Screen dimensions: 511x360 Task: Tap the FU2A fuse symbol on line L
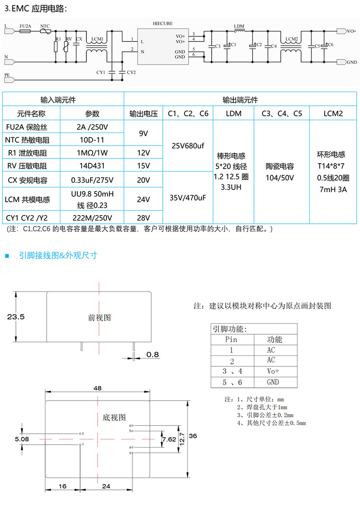[25, 32]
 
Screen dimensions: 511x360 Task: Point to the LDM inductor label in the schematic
[239, 25]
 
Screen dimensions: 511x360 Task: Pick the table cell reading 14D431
[92, 166]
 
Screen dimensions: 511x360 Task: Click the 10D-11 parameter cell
[92, 140]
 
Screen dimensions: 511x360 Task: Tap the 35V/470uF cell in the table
[187, 197]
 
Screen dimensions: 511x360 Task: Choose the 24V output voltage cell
[144, 199]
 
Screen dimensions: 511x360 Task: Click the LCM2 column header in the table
[333, 114]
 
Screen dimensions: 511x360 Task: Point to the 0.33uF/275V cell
[92, 180]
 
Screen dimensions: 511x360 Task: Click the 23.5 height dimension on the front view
[15, 317]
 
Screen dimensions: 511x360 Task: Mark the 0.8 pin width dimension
[152, 354]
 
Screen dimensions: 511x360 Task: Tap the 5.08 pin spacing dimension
[22, 438]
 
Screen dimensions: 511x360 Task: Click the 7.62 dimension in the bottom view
[168, 439]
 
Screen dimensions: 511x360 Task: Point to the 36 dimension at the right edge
[193, 436]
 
